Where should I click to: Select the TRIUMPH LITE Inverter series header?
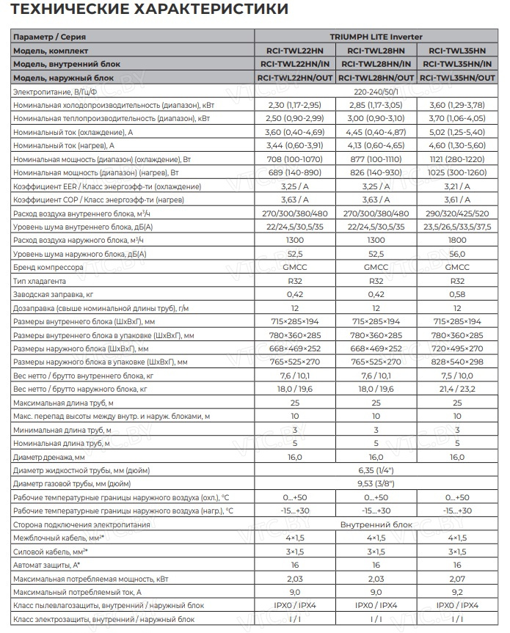coord(375,37)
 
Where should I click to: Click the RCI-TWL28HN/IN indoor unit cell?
coord(375,64)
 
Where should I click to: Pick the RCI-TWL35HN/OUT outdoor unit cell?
coord(458,77)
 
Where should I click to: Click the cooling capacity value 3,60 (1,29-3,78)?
coord(458,106)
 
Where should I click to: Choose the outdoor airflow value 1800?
coord(458,240)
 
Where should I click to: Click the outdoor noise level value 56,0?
coord(458,253)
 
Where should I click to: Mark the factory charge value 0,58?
coord(458,294)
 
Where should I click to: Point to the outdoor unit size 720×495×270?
coord(458,348)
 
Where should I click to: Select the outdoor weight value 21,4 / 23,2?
coord(458,389)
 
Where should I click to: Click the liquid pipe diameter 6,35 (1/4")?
coord(375,470)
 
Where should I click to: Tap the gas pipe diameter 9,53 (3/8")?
coord(375,483)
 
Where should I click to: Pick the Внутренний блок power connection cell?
coord(375,524)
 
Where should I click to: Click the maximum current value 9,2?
coord(458,592)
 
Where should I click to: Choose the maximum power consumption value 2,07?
coord(458,579)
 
